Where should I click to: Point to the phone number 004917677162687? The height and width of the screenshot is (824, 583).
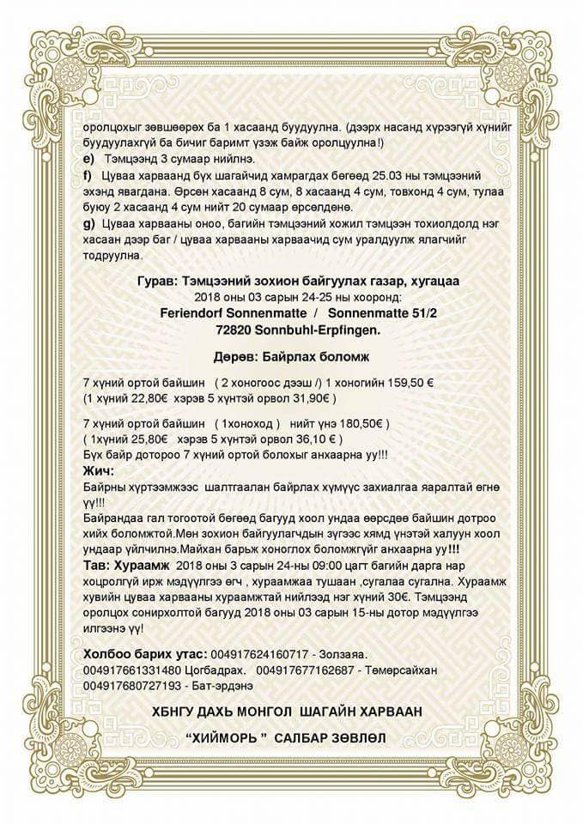tap(305, 671)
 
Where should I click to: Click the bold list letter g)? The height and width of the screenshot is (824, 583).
tap(88, 222)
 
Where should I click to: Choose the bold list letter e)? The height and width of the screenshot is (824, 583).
tap(88, 160)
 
